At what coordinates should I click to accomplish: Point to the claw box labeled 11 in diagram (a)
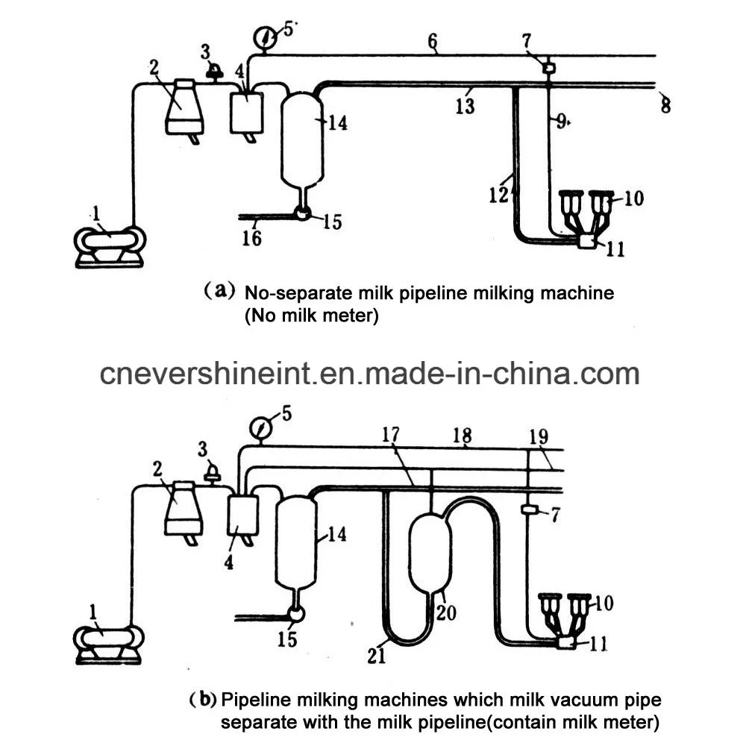(590, 242)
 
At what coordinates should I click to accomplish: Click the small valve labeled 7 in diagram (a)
(548, 68)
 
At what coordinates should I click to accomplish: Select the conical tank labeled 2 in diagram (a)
(184, 107)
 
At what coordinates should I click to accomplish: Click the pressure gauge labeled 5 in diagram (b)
(260, 428)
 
